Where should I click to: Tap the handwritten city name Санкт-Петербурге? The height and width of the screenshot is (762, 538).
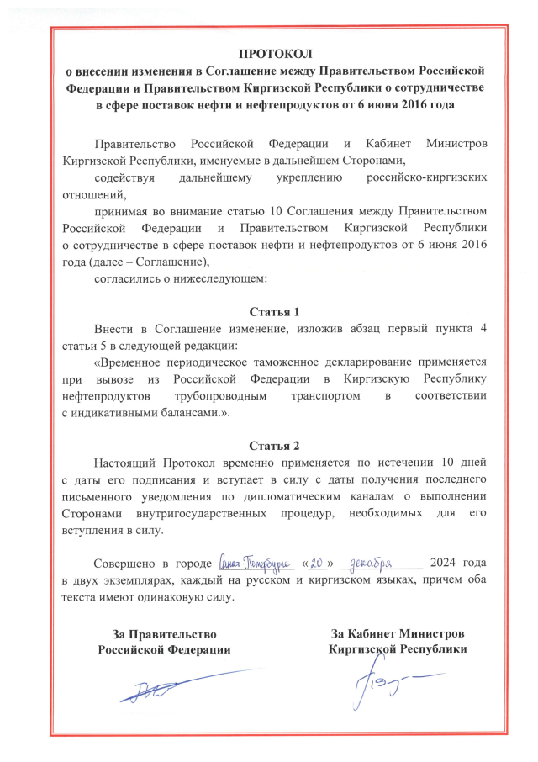252,562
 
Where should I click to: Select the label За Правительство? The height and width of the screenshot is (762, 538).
165,633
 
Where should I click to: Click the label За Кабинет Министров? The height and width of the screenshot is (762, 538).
397,632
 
